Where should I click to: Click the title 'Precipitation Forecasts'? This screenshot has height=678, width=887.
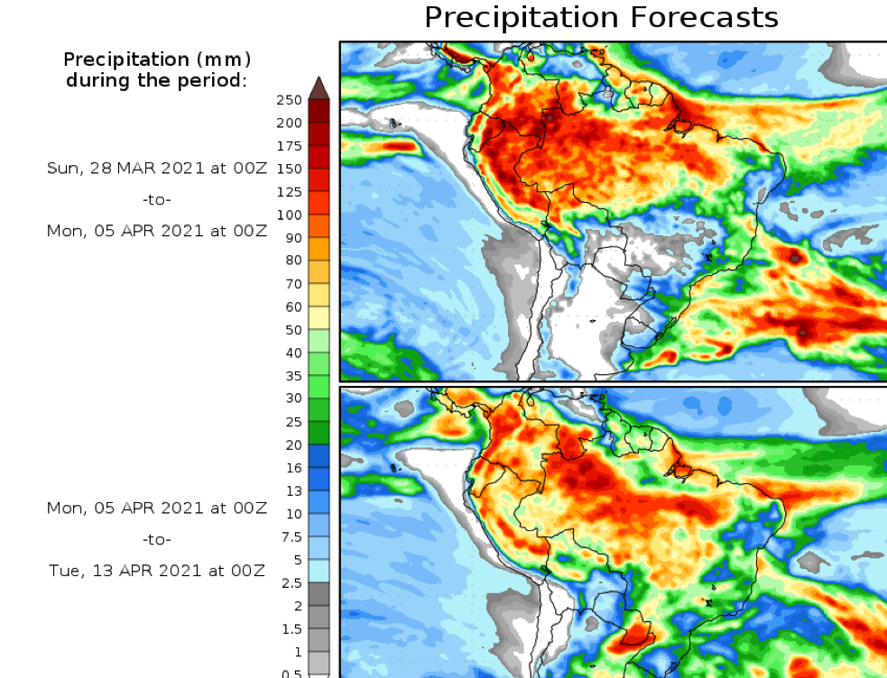coord(601,17)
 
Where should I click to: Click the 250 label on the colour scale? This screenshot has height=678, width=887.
coord(290,100)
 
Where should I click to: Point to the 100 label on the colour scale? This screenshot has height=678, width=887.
coord(290,215)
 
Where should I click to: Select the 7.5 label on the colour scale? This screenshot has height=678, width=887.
coord(291,537)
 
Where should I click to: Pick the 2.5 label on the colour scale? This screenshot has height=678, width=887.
coord(291,583)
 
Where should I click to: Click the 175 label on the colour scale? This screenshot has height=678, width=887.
coord(290,146)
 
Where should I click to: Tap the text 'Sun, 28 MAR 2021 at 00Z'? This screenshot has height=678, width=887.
coord(157,169)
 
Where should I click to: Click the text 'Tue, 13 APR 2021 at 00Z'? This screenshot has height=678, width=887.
coord(157,570)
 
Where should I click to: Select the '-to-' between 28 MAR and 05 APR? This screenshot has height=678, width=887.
coord(157,199)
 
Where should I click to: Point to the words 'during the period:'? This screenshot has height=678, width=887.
coord(157,80)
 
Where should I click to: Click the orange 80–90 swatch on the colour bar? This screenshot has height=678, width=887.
coord(319,249)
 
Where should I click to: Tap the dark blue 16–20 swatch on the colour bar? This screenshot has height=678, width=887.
coord(319,456)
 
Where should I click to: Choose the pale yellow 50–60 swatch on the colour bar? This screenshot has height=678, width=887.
coord(319,318)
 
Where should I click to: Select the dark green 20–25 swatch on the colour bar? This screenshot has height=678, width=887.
coord(319,434)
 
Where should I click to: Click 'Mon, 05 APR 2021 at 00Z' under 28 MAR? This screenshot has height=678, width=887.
coord(157,230)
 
